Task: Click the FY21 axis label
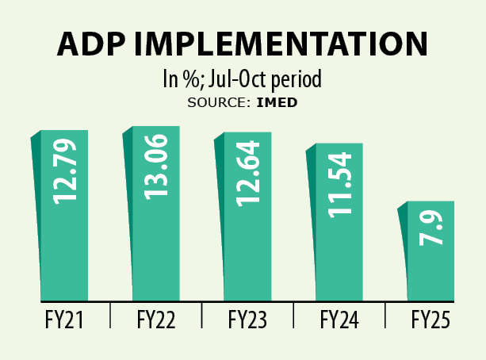coord(63,320)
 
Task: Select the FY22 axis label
coord(155,320)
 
